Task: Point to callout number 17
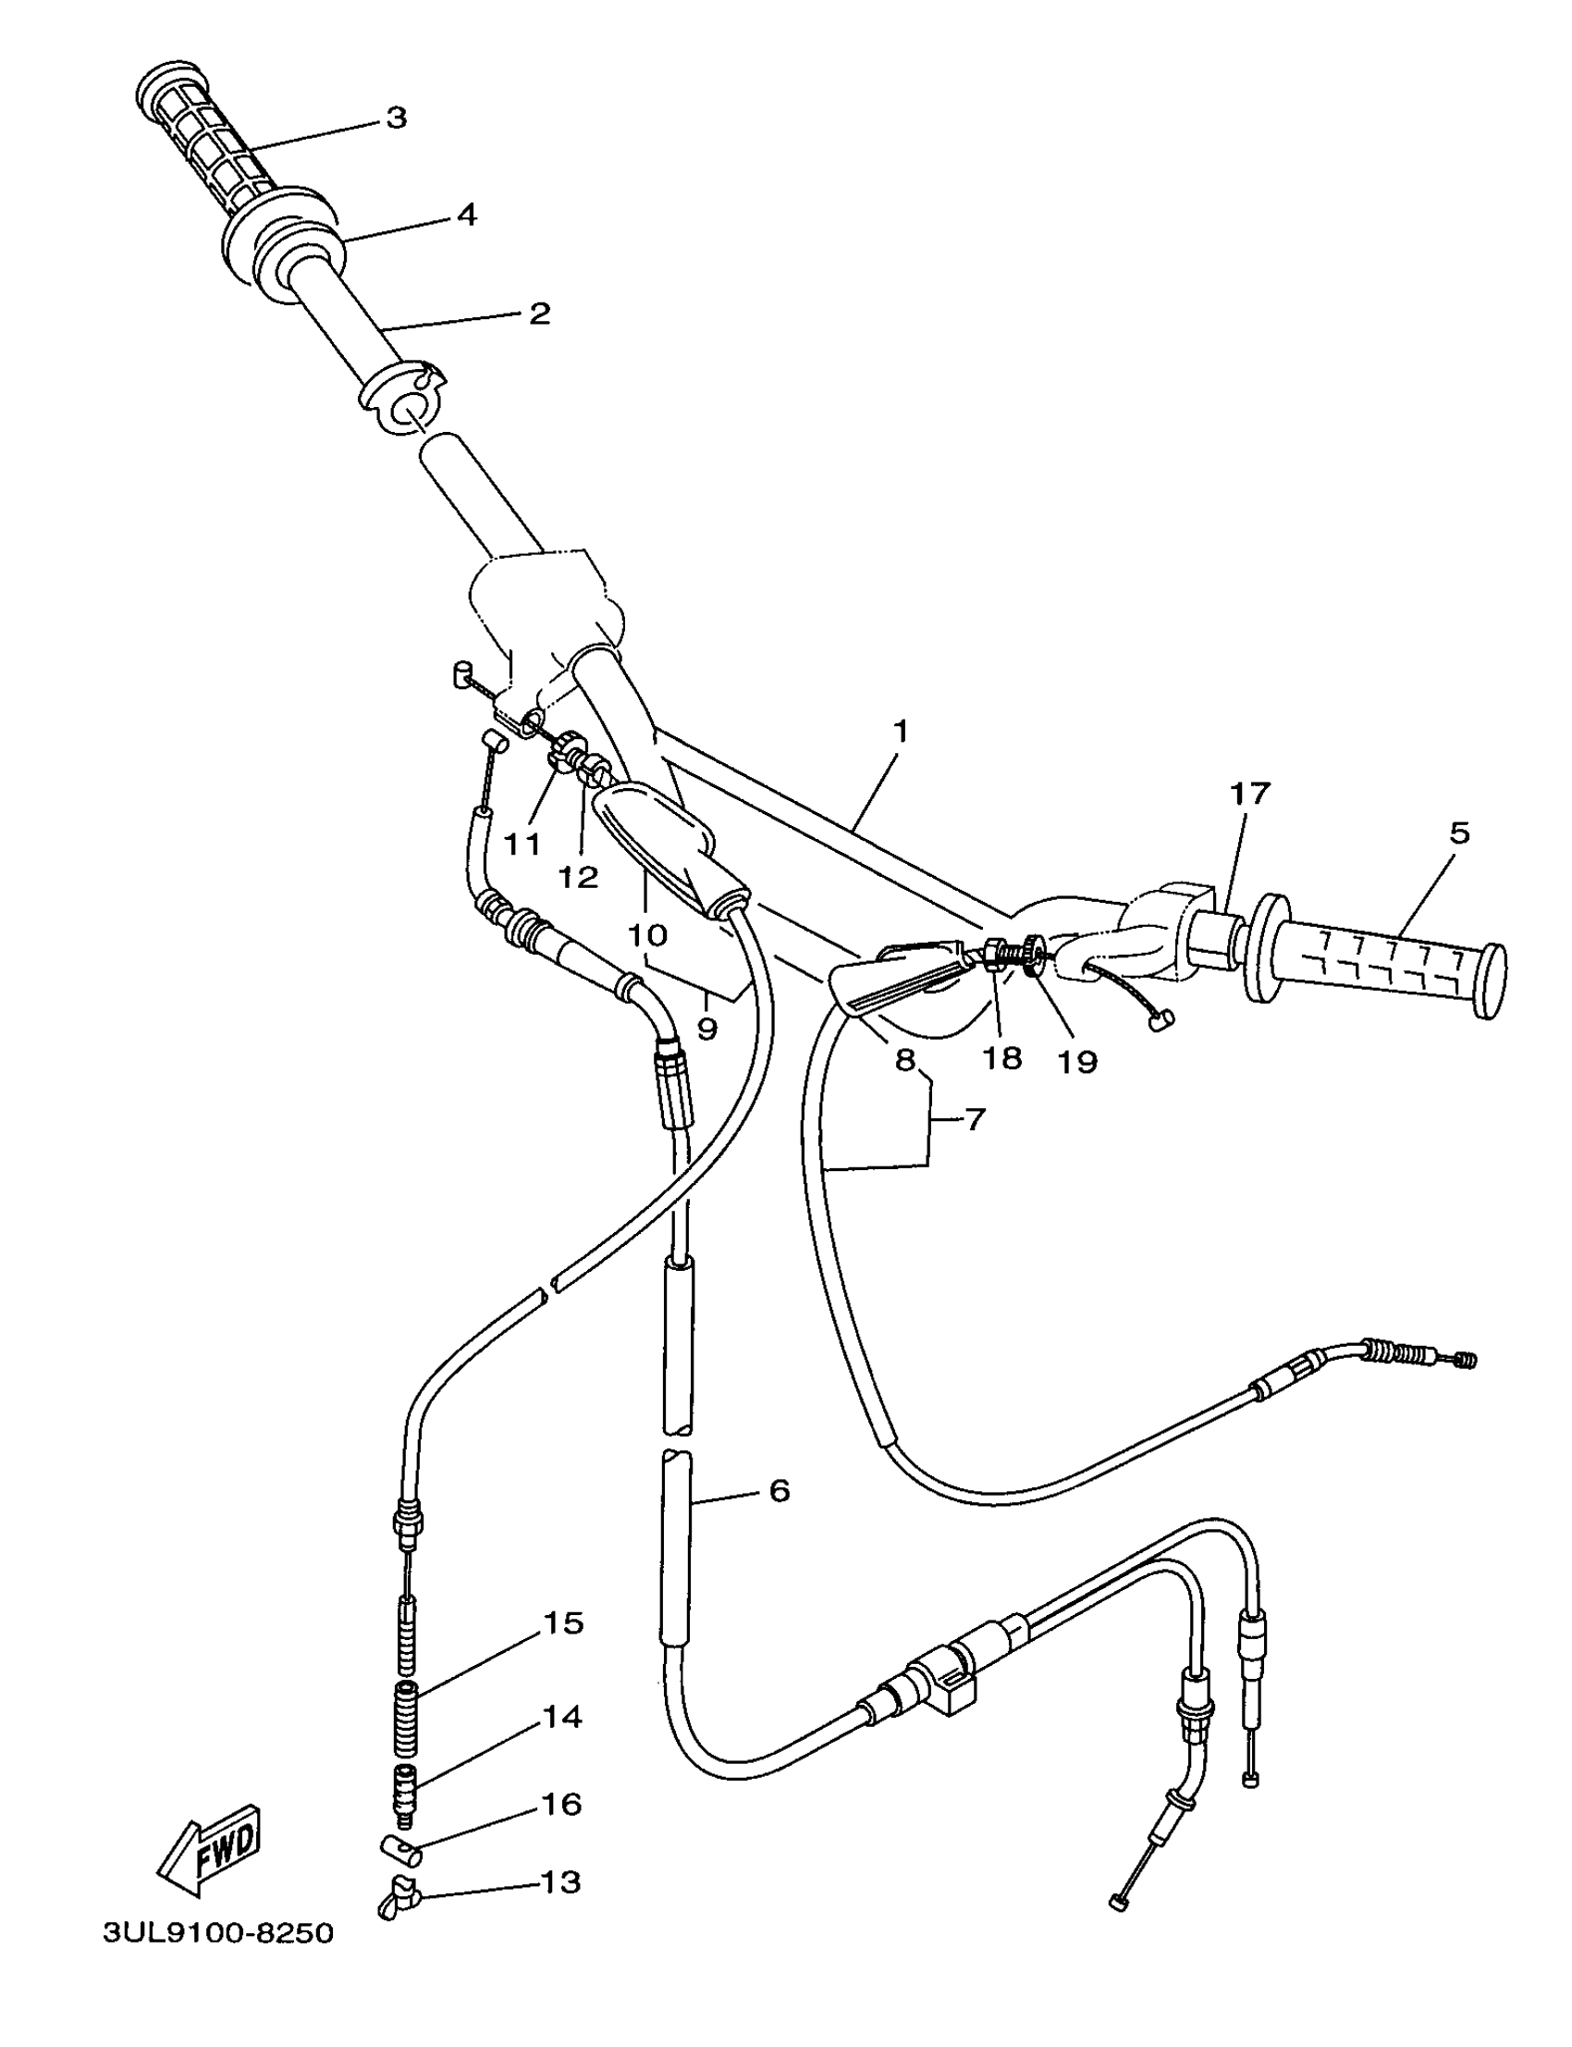[1249, 794]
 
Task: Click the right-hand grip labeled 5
[1385, 965]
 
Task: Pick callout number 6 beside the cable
[780, 1490]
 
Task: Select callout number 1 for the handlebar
[901, 731]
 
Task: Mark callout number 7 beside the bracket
[974, 1118]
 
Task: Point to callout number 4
[466, 215]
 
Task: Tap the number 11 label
[522, 844]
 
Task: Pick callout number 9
[707, 1029]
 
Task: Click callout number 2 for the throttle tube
[539, 313]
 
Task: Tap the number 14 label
[562, 1717]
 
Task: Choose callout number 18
[1002, 1058]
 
